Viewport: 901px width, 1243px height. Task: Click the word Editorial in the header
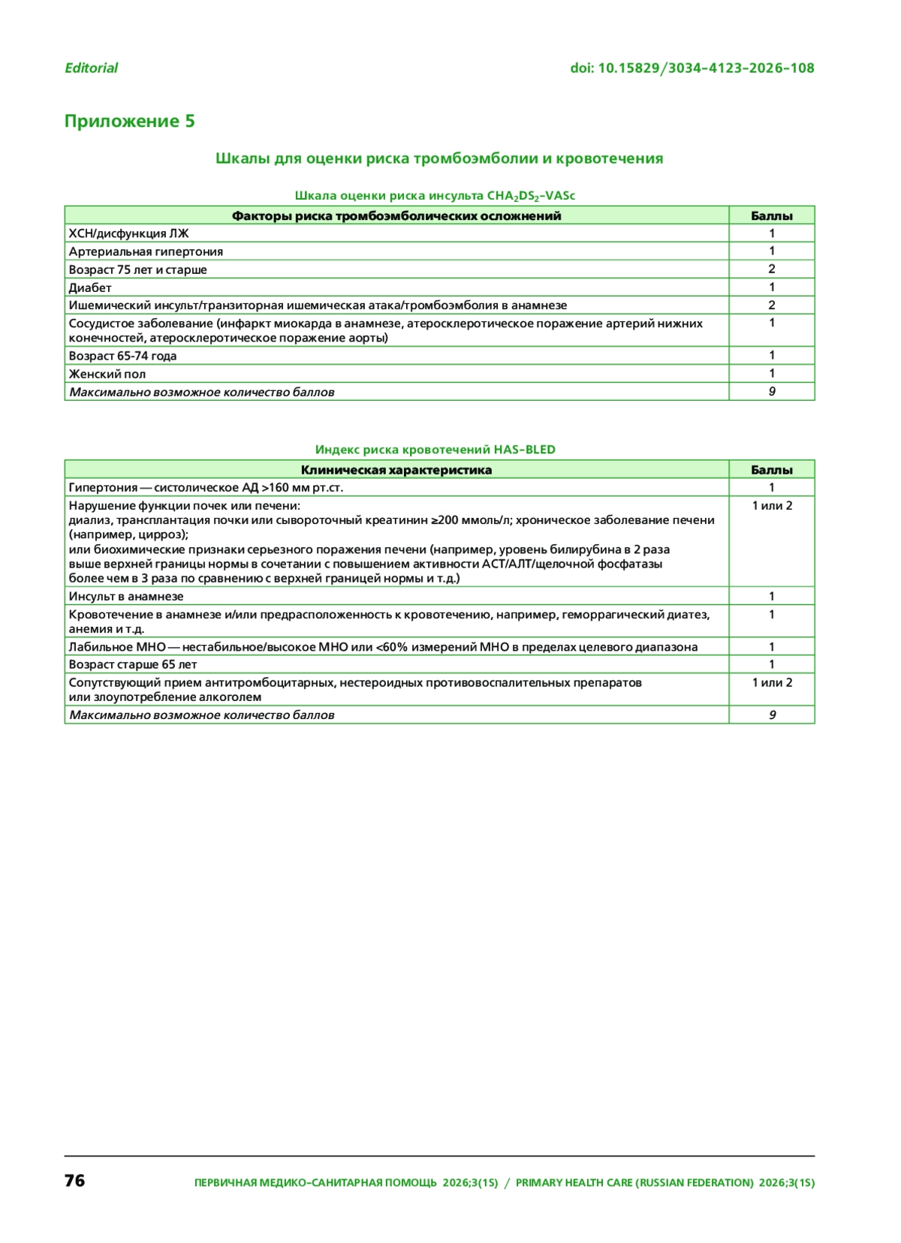tap(91, 68)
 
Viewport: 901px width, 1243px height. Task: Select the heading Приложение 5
tap(129, 121)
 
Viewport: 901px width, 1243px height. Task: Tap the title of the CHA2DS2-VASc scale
tap(435, 196)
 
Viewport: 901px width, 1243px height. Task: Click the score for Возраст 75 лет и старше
tap(771, 269)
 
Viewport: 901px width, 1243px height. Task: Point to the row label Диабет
tap(90, 287)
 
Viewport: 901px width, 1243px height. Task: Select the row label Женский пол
tap(107, 374)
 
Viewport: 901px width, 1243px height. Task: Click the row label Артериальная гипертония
tap(146, 251)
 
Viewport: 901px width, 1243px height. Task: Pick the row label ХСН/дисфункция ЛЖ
tap(128, 233)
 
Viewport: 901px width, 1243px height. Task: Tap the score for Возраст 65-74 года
tap(771, 355)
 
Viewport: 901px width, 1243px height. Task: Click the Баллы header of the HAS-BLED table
tap(771, 470)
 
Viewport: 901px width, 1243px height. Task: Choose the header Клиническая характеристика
tap(396, 470)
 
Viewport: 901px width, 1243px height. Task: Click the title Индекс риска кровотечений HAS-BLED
tap(435, 450)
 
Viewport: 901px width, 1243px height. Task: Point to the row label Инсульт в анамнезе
tap(126, 596)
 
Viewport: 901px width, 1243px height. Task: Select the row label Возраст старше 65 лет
tap(133, 664)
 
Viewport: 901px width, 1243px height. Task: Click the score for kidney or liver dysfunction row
tap(772, 506)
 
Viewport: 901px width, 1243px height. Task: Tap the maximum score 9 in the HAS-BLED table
tap(772, 715)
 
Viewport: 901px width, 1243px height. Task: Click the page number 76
tap(75, 1181)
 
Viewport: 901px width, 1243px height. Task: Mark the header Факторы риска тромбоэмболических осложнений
tap(396, 216)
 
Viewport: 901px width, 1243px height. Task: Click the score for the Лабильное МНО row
tap(771, 646)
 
